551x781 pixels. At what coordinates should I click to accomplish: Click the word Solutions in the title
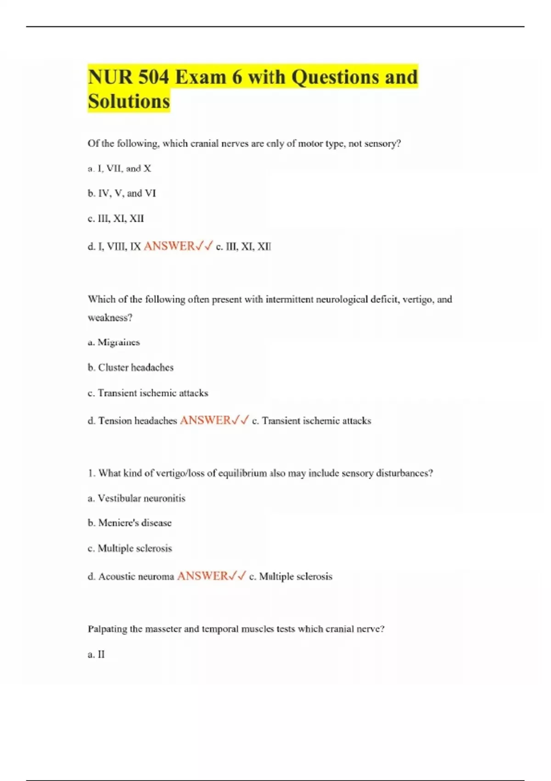pyautogui.click(x=129, y=101)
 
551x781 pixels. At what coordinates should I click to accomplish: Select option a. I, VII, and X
pyautogui.click(x=119, y=169)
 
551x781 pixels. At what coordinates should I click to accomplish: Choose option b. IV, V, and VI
pyautogui.click(x=122, y=193)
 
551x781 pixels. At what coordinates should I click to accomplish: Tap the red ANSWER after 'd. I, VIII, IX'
pyautogui.click(x=169, y=246)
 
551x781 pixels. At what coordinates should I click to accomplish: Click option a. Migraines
pyautogui.click(x=114, y=342)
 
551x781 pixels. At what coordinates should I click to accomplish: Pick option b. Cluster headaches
pyautogui.click(x=130, y=368)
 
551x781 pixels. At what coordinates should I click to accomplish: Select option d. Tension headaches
pyautogui.click(x=132, y=421)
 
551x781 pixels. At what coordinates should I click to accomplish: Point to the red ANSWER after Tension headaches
pyautogui.click(x=206, y=420)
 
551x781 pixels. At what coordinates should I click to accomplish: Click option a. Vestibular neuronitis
pyautogui.click(x=136, y=498)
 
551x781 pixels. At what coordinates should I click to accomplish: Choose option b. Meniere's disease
pyautogui.click(x=129, y=523)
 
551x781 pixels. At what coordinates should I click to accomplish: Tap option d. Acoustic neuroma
pyautogui.click(x=131, y=577)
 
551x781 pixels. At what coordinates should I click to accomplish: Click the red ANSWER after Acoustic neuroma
pyautogui.click(x=202, y=576)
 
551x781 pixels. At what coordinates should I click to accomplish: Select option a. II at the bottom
pyautogui.click(x=96, y=654)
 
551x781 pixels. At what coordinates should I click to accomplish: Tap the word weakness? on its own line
pyautogui.click(x=110, y=318)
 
